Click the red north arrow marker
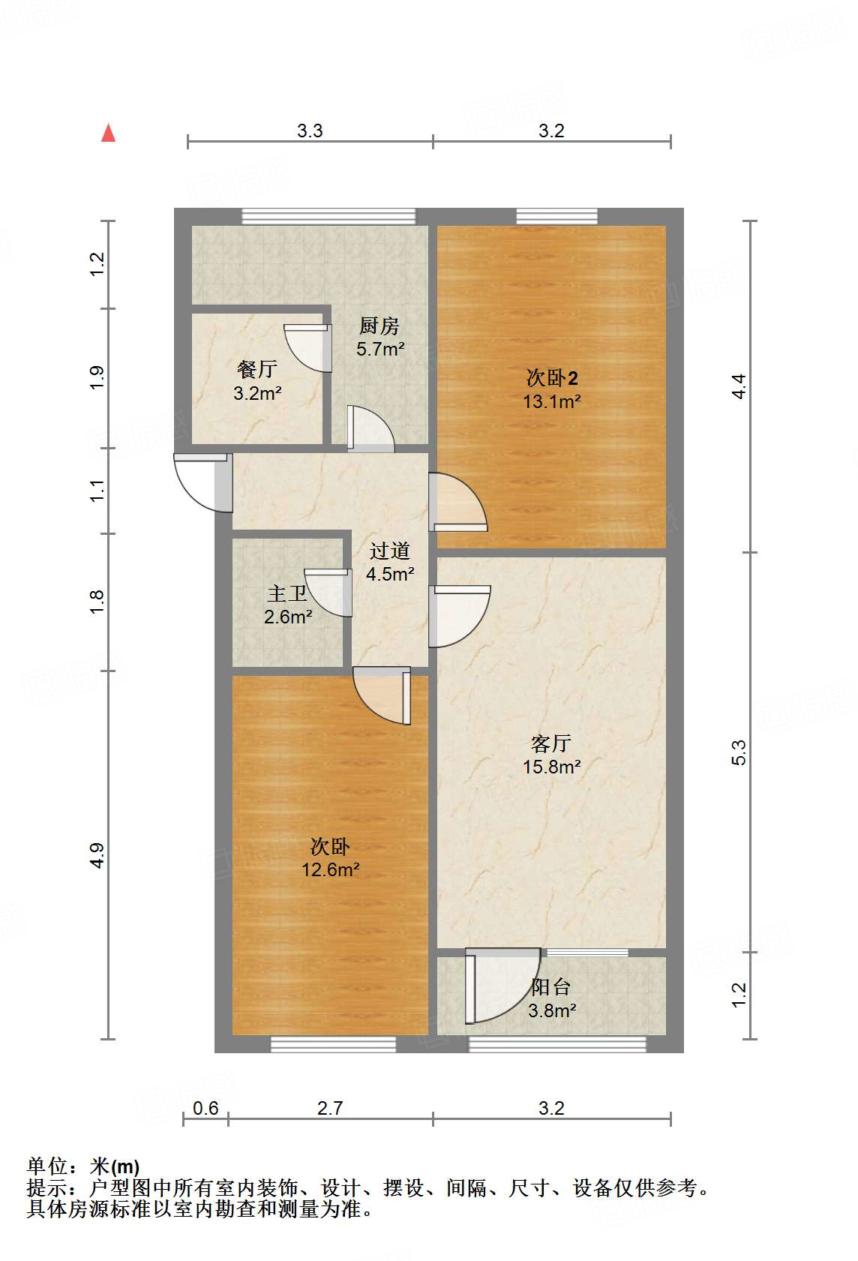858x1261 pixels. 109,133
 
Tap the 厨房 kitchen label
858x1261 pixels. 379,326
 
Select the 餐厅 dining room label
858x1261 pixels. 256,369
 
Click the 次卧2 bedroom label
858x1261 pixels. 551,377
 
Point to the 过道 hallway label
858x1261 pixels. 389,551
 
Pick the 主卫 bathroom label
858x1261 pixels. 287,594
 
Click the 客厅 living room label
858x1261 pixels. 551,743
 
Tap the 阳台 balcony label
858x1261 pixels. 551,987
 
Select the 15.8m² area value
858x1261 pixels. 551,767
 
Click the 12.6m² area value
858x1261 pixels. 330,870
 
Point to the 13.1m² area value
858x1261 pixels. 551,401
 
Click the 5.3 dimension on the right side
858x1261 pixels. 739,752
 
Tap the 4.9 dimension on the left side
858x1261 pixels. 97,856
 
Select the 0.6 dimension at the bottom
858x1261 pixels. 205,1108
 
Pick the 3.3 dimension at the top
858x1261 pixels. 310,131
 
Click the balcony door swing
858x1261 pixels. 498,984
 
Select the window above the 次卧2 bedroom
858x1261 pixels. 556,217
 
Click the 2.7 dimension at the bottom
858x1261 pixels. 330,1108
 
